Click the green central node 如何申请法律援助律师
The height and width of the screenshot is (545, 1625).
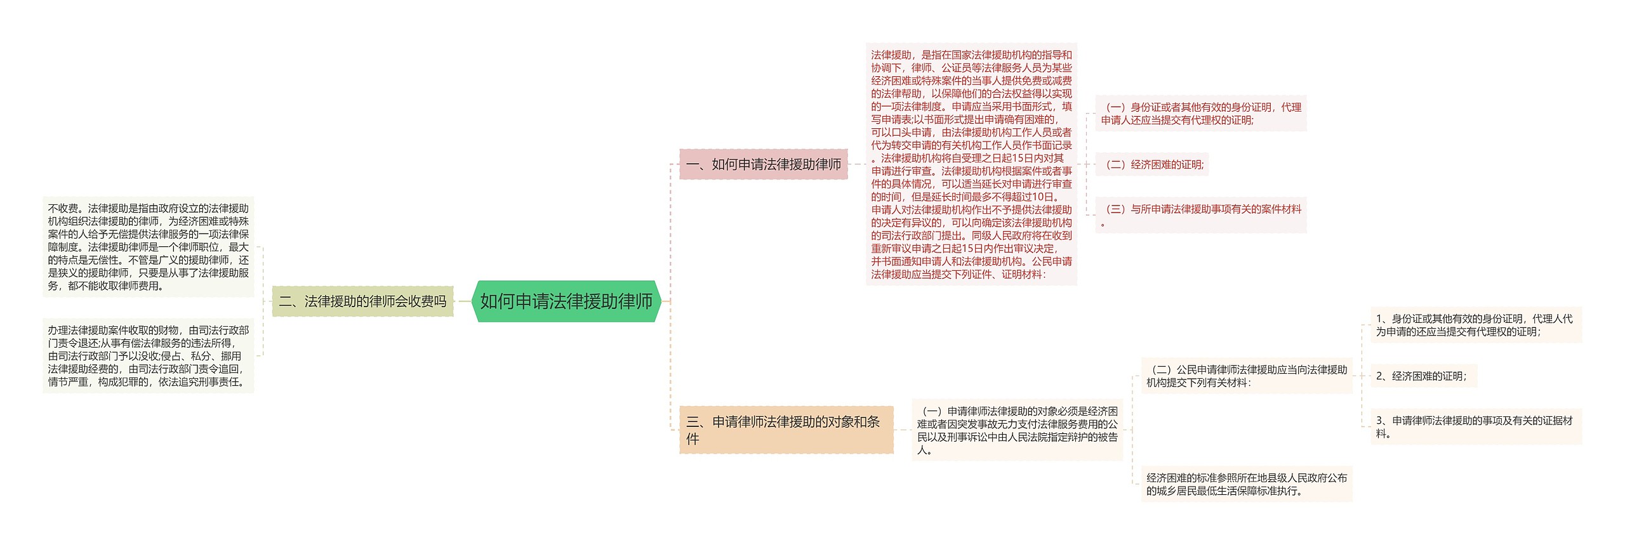tap(566, 301)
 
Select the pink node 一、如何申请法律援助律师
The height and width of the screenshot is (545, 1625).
tap(763, 164)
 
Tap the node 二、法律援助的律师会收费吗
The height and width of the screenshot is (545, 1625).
tap(362, 301)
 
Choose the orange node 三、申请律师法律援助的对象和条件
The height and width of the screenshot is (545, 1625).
tap(786, 430)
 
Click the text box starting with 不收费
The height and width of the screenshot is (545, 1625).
tap(148, 247)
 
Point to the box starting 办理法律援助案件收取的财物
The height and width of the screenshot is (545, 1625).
tap(148, 356)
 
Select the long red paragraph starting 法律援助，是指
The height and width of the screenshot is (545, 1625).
tap(971, 164)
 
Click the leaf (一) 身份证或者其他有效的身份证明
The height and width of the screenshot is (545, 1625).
tap(1200, 114)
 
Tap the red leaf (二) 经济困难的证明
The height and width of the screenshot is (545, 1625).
tap(1152, 164)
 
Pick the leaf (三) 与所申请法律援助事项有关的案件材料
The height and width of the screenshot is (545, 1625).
tap(1200, 215)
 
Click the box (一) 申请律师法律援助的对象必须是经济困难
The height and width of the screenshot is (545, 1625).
tap(1017, 430)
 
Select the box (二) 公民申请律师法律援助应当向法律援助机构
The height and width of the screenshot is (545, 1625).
tap(1246, 376)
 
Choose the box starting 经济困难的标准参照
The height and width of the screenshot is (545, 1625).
tap(1246, 484)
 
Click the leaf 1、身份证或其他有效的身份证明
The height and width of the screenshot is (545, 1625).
tap(1475, 325)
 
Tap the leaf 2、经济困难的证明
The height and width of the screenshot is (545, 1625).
tap(1423, 376)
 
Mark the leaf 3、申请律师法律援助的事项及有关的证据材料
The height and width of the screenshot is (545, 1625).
tap(1475, 426)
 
